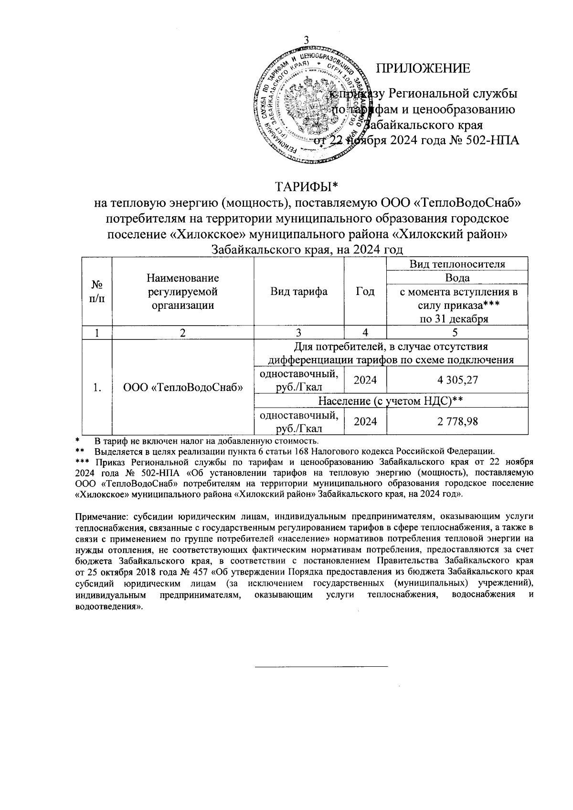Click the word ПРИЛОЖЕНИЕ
tap(423, 68)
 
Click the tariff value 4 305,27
tap(457, 380)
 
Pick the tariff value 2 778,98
tap(457, 421)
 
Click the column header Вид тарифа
tap(298, 292)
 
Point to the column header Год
tap(365, 292)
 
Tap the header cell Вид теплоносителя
tap(457, 264)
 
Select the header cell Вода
tap(457, 278)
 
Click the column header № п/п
tap(97, 291)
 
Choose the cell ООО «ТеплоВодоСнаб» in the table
tap(183, 388)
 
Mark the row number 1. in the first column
tap(97, 388)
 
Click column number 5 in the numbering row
tap(457, 333)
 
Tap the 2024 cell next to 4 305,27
tap(365, 380)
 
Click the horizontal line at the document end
tap(320, 666)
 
